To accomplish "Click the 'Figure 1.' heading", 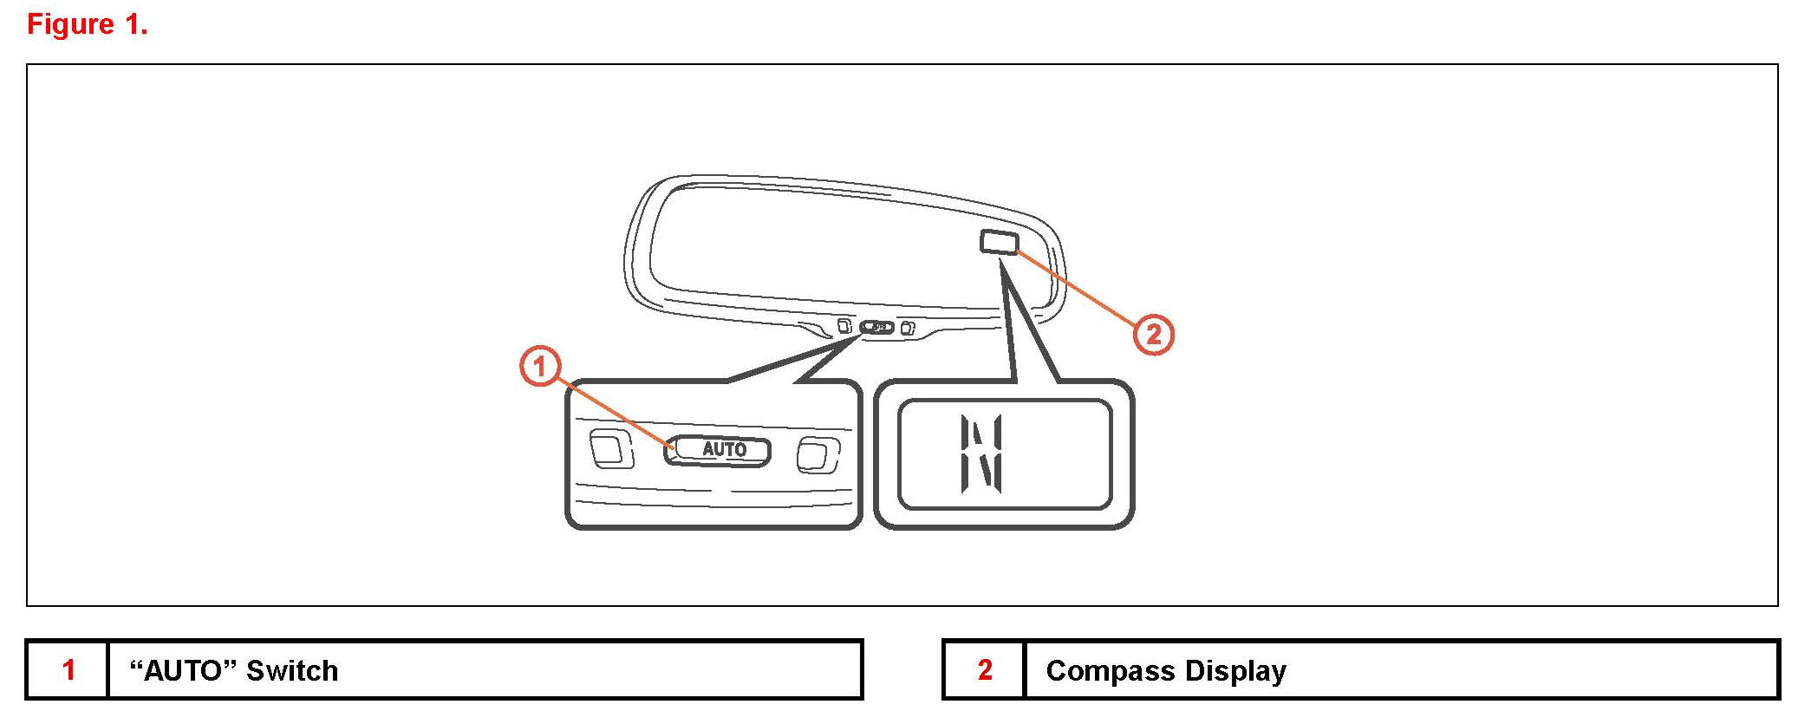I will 88,24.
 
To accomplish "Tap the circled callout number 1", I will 540,366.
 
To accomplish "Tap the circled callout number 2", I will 1154,334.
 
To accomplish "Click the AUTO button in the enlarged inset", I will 719,449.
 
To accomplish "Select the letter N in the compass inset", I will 981,453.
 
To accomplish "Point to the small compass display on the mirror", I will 999,241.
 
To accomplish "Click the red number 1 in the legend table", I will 68,669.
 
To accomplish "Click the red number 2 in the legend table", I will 985,669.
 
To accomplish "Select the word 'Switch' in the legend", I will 292,670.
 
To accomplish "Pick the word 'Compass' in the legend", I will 1111,670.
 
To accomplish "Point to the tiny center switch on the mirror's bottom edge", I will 876,328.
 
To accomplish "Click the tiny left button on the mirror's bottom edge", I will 844,326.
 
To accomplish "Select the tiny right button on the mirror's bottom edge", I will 908,329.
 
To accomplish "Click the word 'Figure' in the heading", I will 70,24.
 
